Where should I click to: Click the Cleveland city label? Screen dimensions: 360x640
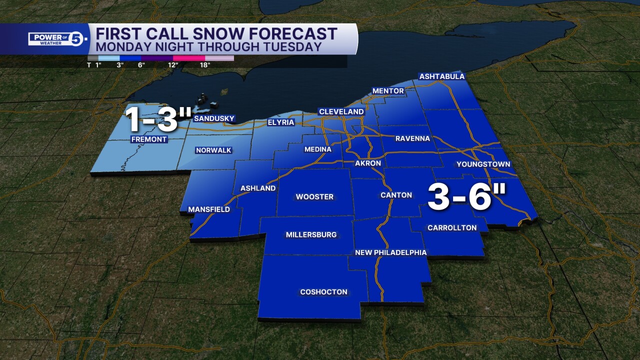341,111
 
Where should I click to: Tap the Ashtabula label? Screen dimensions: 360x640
441,76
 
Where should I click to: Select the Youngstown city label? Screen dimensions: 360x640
483,164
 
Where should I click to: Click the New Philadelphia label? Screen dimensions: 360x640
390,252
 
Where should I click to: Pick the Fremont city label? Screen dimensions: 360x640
148,139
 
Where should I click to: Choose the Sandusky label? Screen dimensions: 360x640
214,118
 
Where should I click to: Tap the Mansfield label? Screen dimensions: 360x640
208,209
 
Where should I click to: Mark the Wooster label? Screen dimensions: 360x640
314,197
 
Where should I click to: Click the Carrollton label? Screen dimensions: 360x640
452,228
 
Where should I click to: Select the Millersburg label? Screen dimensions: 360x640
311,234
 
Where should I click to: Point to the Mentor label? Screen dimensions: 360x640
388,91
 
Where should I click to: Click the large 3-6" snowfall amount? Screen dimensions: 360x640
467,197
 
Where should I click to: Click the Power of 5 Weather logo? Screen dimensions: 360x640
58,39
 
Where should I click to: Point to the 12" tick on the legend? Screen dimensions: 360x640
173,64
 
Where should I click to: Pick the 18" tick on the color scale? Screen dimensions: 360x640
205,64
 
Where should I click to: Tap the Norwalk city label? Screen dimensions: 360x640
213,150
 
